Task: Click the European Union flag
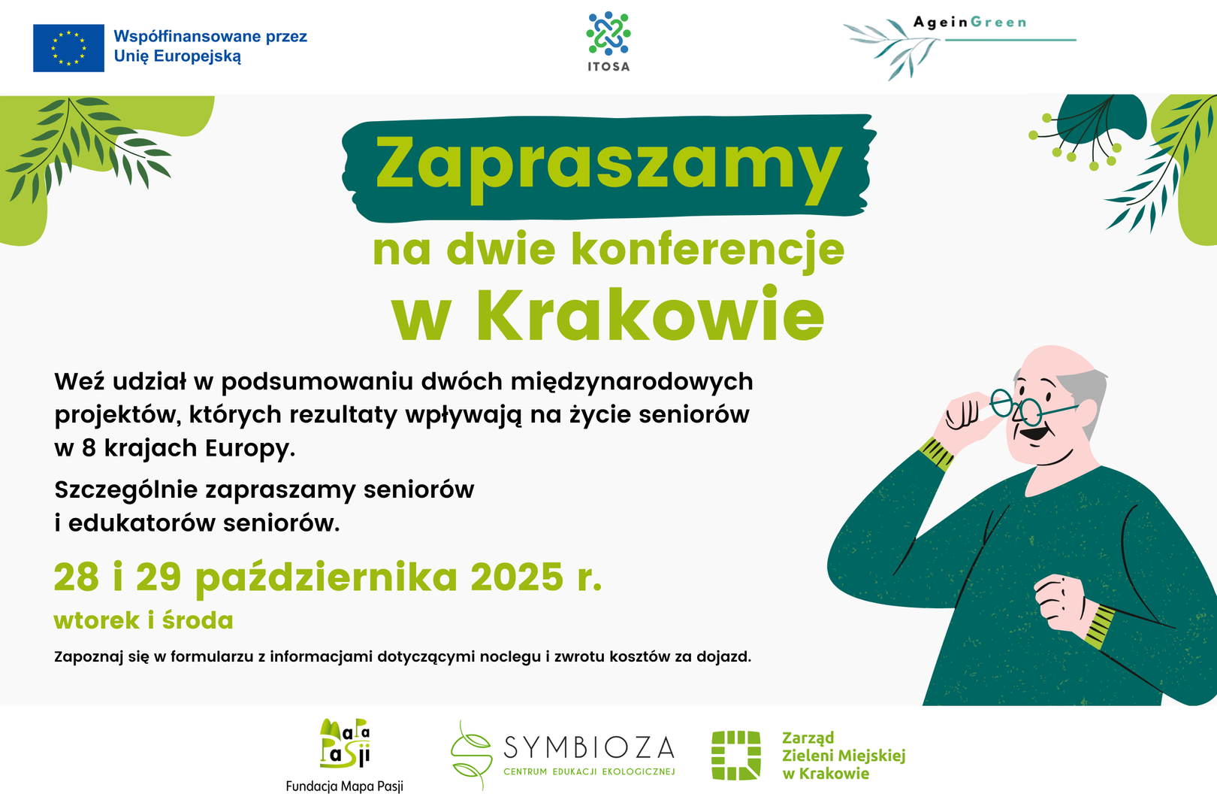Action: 68,48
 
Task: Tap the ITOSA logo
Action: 608,41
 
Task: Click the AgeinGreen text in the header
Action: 970,23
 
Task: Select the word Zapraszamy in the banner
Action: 608,168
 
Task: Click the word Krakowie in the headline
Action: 651,316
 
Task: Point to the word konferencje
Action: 708,250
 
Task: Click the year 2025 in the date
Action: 517,577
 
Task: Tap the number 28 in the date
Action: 77,577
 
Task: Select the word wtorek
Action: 97,620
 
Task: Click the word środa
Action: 198,620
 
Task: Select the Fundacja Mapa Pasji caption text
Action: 345,786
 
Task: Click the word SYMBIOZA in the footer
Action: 589,748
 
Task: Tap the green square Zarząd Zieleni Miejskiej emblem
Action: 736,756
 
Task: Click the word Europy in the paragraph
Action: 250,450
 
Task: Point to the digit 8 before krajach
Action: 89,448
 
